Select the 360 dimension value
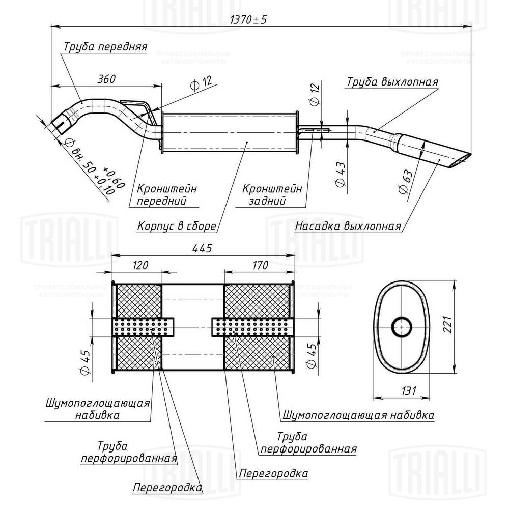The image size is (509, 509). coord(106,79)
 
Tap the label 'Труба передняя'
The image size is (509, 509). coord(105,47)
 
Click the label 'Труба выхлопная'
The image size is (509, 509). coord(393,81)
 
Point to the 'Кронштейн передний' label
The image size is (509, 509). coord(167,194)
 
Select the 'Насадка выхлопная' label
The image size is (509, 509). coord(348,226)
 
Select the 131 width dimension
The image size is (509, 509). coord(407,391)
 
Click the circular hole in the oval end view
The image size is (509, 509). coord(402,327)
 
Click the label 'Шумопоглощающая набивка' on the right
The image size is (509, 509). coord(357,415)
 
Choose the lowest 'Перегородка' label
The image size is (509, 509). coord(167,488)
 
